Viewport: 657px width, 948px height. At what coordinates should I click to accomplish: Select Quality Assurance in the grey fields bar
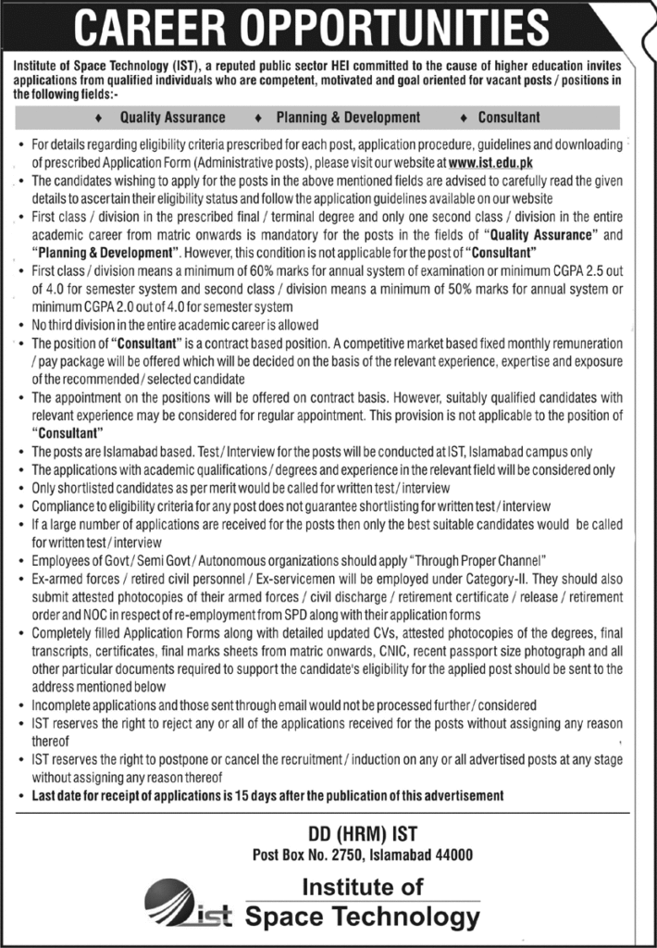click(172, 118)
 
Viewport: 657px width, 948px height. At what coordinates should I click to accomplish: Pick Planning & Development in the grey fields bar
click(348, 118)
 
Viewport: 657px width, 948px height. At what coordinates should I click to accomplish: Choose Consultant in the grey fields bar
click(509, 118)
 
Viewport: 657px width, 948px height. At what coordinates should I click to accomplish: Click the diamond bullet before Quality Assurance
click(98, 118)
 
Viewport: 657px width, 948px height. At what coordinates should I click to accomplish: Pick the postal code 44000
click(452, 854)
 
